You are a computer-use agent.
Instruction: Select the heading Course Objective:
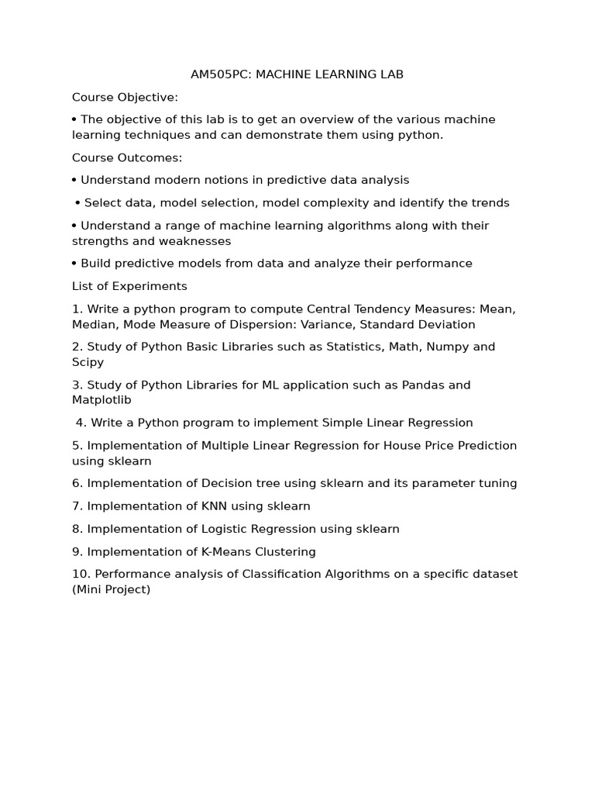[x=125, y=97]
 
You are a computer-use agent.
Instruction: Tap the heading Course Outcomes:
[x=127, y=157]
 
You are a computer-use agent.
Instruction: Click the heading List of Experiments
[x=129, y=286]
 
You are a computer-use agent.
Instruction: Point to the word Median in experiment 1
[x=93, y=324]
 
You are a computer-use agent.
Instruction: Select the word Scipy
[x=88, y=362]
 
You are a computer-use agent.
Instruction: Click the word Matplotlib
[x=101, y=400]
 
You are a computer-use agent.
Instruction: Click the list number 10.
[x=80, y=575]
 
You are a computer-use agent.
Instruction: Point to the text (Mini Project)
[x=112, y=589]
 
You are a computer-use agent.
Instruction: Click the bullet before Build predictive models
[x=74, y=263]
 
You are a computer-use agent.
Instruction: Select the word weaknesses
[x=197, y=241]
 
